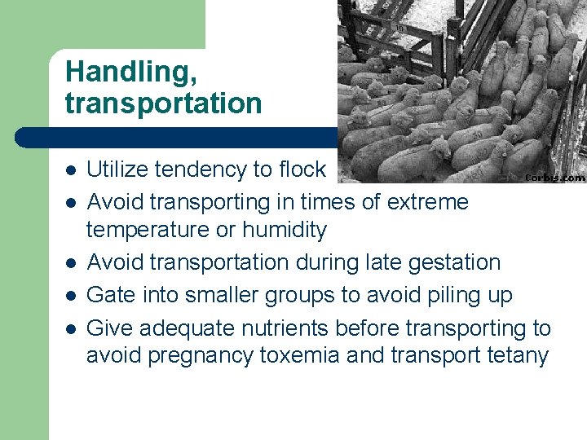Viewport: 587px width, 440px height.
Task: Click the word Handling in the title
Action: click(130, 72)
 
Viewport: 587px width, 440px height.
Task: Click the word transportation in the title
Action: click(163, 104)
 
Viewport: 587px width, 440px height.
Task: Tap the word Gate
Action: click(110, 295)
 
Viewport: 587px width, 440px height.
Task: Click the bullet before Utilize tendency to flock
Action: click(71, 170)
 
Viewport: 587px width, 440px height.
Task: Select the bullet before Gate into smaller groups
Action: click(71, 296)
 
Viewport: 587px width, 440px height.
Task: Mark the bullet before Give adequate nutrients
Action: click(71, 328)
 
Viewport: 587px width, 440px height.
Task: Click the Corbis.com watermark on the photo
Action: click(554, 176)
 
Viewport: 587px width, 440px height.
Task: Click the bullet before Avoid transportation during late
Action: click(71, 263)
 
